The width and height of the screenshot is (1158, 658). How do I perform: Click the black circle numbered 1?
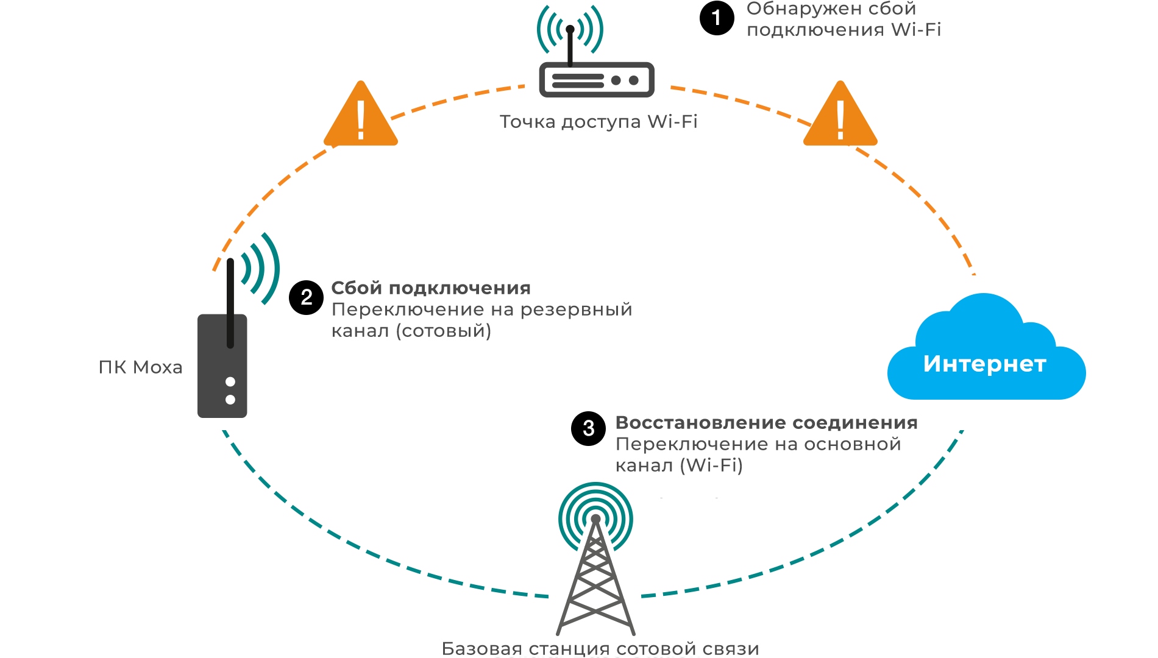[717, 18]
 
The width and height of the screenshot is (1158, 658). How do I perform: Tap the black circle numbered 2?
[306, 297]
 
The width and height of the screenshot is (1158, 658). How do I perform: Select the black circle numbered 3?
[588, 428]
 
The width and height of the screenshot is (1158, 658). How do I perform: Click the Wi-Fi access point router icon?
[596, 79]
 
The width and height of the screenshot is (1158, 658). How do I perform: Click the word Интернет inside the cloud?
[984, 364]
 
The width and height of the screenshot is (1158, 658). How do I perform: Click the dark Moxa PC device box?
[222, 366]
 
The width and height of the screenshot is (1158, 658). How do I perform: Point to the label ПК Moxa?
[140, 367]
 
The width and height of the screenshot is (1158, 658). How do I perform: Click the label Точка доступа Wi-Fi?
[598, 122]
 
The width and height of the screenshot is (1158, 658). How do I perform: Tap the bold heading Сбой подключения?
[431, 288]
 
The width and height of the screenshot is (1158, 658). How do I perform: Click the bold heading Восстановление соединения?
[766, 422]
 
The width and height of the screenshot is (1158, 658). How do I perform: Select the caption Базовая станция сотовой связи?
[600, 649]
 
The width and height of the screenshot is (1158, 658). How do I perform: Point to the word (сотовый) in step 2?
[444, 331]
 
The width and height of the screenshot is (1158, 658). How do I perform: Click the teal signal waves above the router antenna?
[570, 27]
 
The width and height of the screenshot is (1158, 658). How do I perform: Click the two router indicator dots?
[625, 80]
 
